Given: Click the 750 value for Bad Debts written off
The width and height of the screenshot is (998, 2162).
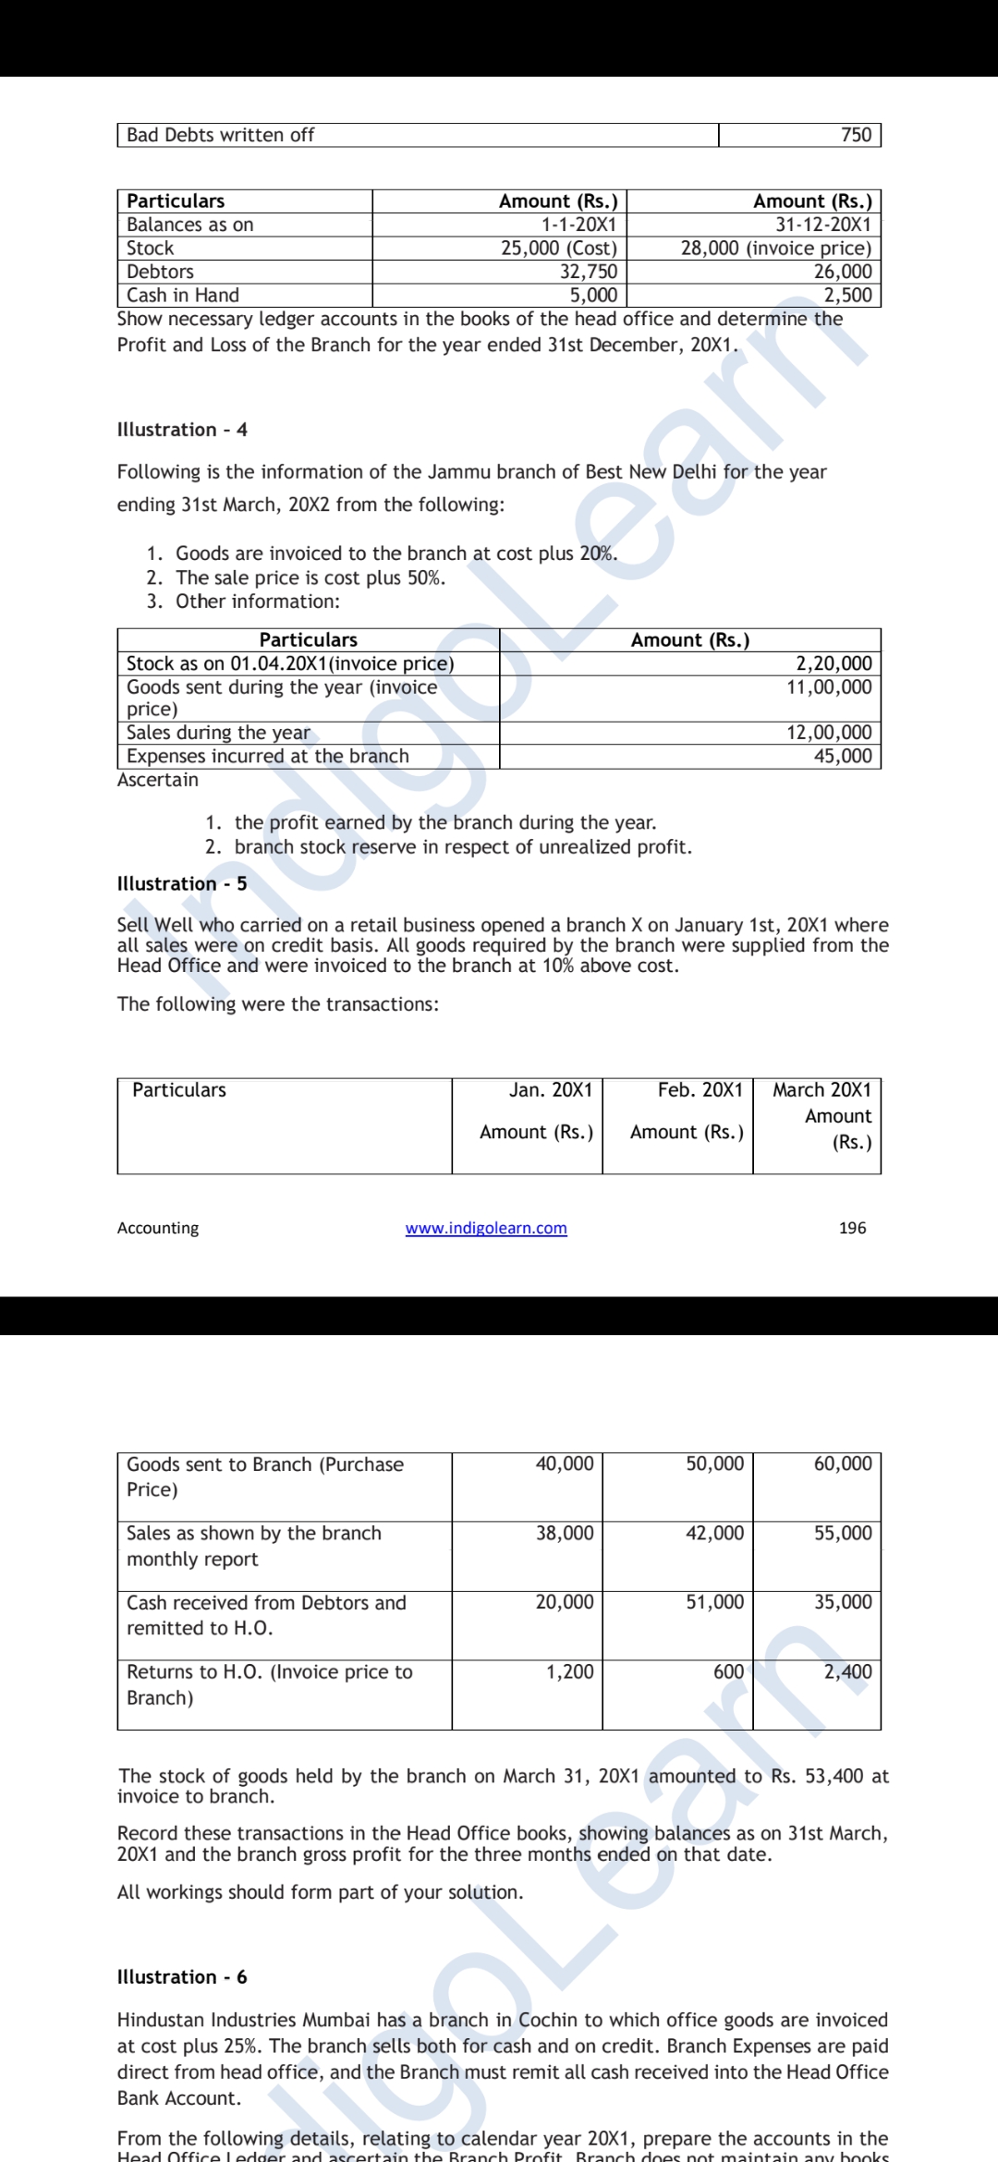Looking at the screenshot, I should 856,135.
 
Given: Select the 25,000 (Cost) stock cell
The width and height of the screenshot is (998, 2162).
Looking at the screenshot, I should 558,249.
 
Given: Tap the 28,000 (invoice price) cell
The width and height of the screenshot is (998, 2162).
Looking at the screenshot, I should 775,249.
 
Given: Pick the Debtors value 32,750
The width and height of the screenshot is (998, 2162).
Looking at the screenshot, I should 589,272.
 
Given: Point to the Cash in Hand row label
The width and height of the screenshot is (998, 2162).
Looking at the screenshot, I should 183,296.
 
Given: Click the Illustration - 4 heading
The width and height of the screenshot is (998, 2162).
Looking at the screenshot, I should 182,430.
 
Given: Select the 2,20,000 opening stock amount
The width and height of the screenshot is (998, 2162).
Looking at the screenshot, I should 834,663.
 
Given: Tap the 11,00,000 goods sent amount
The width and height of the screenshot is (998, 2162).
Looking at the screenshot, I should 829,687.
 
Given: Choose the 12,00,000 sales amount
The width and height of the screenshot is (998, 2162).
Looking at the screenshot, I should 829,733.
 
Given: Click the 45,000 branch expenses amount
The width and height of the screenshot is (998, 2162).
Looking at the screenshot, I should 842,756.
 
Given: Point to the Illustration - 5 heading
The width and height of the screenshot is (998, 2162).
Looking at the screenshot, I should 182,884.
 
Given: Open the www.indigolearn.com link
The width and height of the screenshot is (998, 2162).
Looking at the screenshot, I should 486,1228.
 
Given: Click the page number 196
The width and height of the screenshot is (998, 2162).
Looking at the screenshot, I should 852,1228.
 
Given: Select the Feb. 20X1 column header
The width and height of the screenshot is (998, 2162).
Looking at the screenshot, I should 700,1090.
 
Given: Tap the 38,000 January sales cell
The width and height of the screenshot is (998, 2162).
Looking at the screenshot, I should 565,1533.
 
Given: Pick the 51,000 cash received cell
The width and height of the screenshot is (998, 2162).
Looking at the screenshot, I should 714,1602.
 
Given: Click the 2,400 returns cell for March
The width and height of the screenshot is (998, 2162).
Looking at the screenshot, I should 847,1671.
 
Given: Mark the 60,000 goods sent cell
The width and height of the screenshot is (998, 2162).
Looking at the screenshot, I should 843,1464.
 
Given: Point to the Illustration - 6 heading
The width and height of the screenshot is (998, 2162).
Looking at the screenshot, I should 182,1977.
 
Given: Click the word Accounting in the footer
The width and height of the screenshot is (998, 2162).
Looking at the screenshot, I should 158,1228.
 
